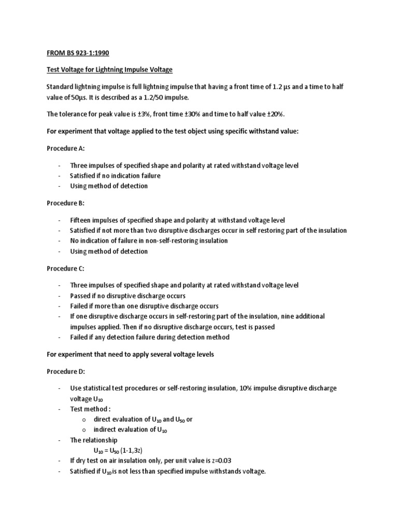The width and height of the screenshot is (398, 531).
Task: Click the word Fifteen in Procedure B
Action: pyautogui.click(x=82, y=220)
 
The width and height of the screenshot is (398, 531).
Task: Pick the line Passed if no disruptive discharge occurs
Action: pyautogui.click(x=128, y=296)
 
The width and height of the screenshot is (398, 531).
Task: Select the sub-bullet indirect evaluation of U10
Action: pyautogui.click(x=130, y=430)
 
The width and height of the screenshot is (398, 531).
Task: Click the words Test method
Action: pyautogui.click(x=91, y=409)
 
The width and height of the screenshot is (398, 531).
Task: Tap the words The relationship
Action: pyautogui.click(x=94, y=440)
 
